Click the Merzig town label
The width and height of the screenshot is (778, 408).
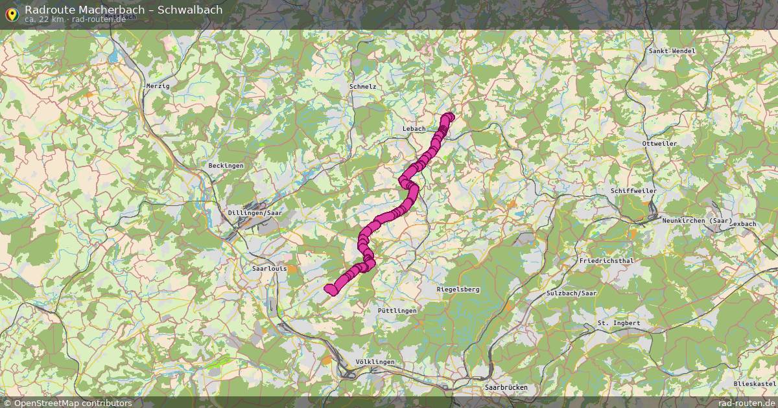(158, 85)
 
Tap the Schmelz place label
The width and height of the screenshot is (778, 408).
(362, 86)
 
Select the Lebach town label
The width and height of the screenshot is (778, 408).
(414, 128)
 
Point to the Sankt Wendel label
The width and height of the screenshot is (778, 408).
(672, 51)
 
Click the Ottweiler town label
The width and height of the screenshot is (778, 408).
(659, 143)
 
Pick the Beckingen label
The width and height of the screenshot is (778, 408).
(226, 166)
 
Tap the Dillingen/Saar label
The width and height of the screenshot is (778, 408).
(255, 212)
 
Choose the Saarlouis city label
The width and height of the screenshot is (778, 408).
(269, 267)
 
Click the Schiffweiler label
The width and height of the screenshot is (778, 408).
(633, 191)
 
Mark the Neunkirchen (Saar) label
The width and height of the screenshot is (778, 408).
(697, 221)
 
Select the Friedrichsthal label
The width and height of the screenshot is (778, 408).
(606, 261)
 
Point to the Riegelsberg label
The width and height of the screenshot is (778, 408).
(458, 289)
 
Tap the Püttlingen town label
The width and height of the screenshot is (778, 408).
(397, 311)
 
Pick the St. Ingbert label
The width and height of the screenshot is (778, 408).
(619, 323)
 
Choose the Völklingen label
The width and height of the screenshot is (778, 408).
(375, 361)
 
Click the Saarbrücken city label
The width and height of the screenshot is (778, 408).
(506, 387)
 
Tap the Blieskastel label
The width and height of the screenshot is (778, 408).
(755, 384)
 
